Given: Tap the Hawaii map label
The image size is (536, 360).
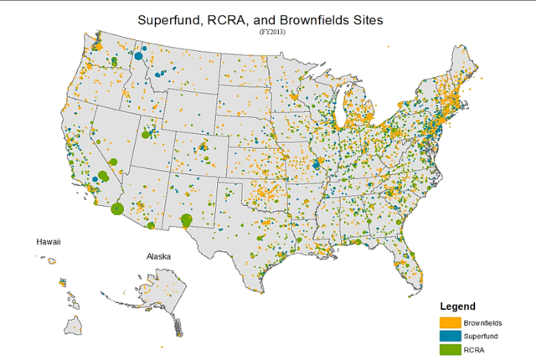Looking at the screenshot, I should pyautogui.click(x=48, y=241).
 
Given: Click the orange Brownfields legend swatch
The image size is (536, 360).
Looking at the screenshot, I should pyautogui.click(x=450, y=322).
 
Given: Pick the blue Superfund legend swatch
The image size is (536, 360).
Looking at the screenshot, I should pyautogui.click(x=450, y=335).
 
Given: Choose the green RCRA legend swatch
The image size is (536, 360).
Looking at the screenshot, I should pyautogui.click(x=450, y=348).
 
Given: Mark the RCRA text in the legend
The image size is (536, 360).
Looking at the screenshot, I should pyautogui.click(x=474, y=348).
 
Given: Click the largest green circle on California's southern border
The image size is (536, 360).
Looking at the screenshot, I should pyautogui.click(x=117, y=208).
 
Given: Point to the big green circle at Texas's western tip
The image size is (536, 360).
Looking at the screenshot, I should pyautogui.click(x=186, y=220).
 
